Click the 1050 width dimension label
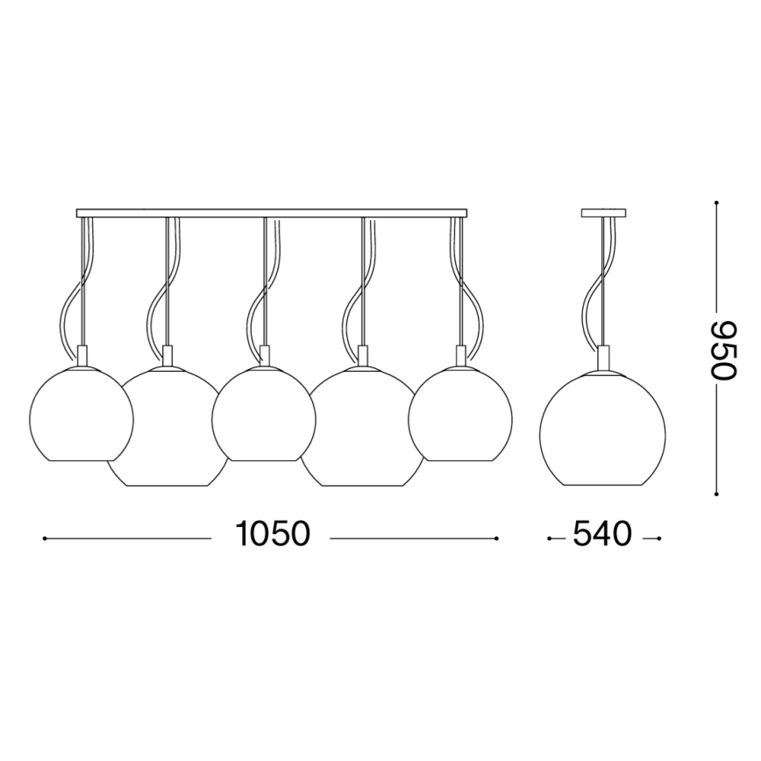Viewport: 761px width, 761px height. point(272,534)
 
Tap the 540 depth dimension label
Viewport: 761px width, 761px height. point(602,534)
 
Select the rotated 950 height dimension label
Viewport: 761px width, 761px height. point(724,348)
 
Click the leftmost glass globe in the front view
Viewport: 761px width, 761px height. point(81,412)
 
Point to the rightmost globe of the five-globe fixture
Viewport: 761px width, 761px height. point(460,412)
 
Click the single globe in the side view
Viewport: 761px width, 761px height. point(603,422)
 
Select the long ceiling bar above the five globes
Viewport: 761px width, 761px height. point(271,213)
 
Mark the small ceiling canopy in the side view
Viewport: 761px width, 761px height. point(603,213)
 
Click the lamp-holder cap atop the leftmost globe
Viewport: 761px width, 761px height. point(82,356)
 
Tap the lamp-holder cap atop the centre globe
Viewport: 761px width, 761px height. point(264,356)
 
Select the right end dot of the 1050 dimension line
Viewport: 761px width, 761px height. point(497,538)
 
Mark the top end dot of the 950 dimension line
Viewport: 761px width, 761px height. point(716,203)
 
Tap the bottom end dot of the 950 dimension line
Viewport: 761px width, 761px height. point(716,492)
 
